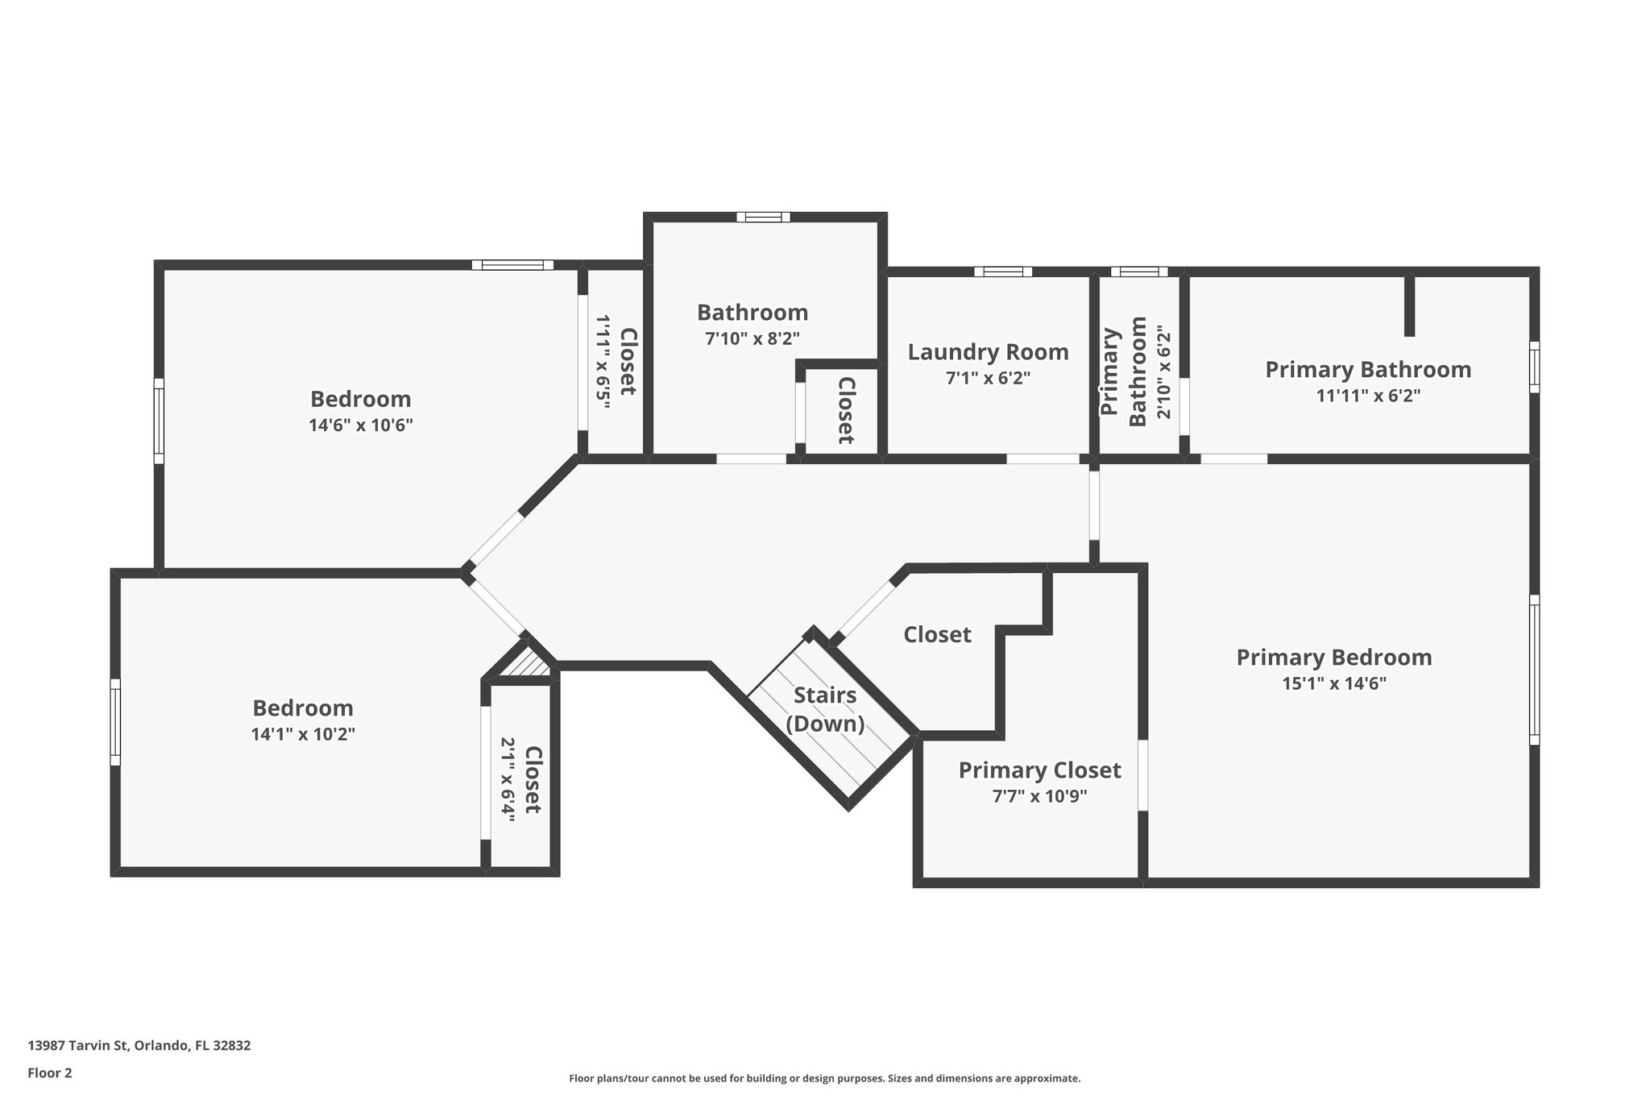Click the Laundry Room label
coord(988,352)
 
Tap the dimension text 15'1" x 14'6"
coord(1333,684)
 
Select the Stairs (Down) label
coord(825,709)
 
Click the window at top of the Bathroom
coord(763,217)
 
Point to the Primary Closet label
coord(1039,770)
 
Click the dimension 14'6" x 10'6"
coord(360,425)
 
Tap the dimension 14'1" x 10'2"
coord(302,734)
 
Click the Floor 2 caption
coord(50,1073)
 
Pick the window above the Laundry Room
coord(1002,272)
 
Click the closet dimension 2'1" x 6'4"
coord(508,778)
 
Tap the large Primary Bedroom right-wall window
coord(1534,670)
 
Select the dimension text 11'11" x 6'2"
coord(1367,396)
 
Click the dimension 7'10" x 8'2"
coord(752,338)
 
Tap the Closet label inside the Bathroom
coord(845,410)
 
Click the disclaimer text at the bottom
coord(824,1078)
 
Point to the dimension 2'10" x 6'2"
coord(1162,372)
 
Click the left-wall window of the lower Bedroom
coord(115,721)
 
